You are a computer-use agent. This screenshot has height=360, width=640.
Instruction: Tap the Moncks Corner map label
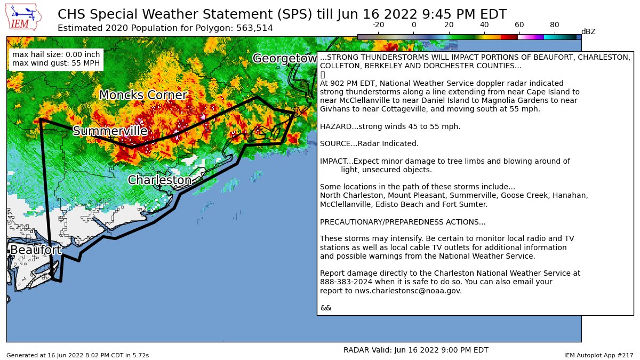tap(142, 95)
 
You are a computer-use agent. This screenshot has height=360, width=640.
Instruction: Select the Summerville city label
tap(110, 131)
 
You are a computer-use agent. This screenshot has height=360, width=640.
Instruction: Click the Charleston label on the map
tap(159, 180)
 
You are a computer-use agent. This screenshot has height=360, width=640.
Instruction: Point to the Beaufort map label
tap(35, 250)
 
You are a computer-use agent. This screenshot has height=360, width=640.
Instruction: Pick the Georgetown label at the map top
tap(285, 58)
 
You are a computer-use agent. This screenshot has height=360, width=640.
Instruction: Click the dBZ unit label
tap(588, 32)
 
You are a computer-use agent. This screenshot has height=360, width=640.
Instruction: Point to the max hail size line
tap(55, 54)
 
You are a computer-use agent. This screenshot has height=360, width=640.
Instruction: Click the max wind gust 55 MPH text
tap(55, 63)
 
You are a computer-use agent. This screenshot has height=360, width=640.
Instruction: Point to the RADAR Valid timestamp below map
tap(415, 350)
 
